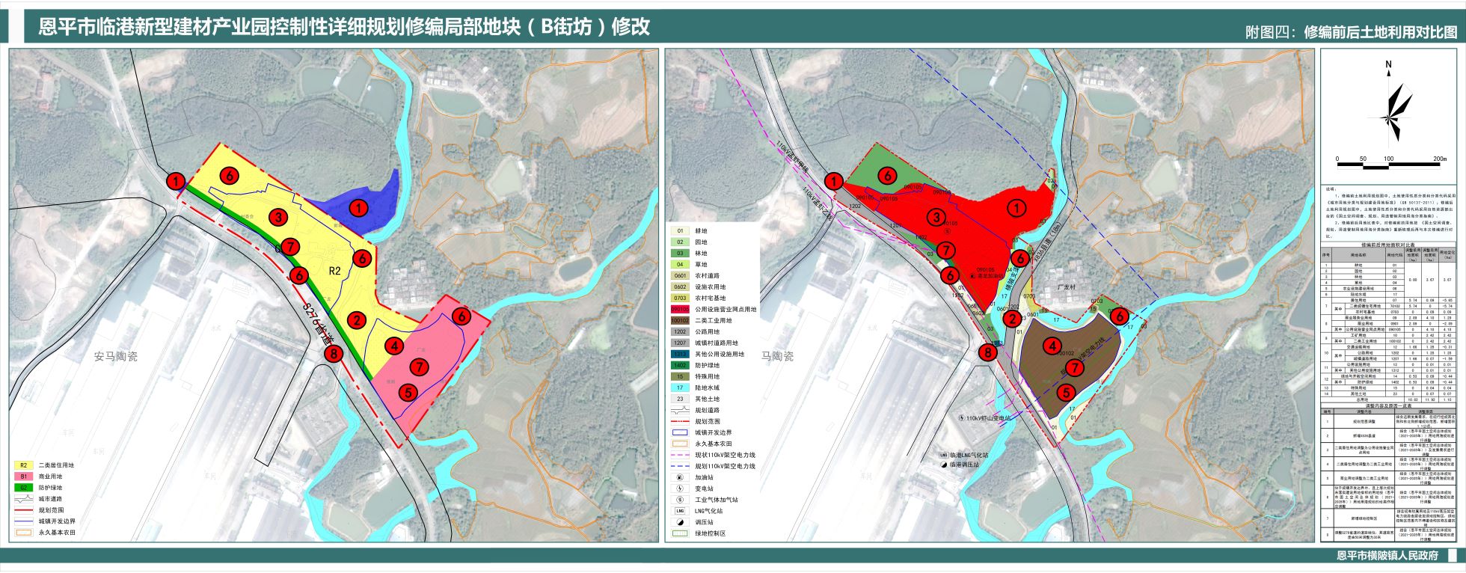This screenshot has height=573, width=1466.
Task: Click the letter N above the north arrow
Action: [x=1388, y=64]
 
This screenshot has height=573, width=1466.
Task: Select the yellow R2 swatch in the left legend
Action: [x=23, y=465]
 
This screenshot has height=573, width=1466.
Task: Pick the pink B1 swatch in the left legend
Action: [x=23, y=477]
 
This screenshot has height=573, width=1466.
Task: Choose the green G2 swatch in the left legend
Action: [x=23, y=488]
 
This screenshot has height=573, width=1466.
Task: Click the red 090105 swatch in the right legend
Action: [x=680, y=309]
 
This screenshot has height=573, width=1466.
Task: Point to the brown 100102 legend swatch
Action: [x=680, y=320]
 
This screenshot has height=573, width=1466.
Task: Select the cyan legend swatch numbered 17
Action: [x=680, y=387]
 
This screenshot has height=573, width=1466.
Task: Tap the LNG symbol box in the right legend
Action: [x=680, y=511]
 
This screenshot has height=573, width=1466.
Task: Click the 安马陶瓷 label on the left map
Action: [x=116, y=357]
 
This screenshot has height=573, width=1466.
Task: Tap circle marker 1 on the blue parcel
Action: [x=359, y=208]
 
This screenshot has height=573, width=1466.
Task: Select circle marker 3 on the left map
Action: [x=278, y=218]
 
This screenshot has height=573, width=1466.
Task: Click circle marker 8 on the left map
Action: [x=334, y=354]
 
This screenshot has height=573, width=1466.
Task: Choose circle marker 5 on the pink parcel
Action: [x=408, y=391]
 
